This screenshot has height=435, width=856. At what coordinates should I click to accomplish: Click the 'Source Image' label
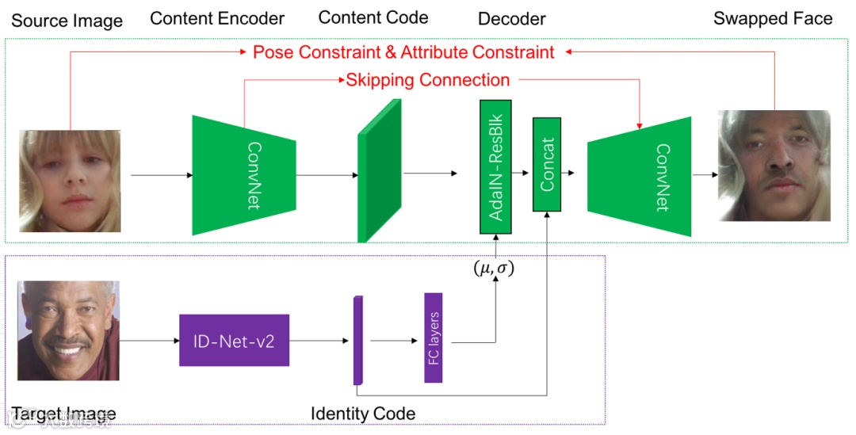[67, 20]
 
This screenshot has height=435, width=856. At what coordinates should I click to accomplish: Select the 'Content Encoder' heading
[217, 18]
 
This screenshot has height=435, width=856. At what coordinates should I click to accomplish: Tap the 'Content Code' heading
[373, 17]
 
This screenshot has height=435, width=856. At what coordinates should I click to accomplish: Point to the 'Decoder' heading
[512, 18]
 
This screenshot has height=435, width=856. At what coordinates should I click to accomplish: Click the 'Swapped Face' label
[773, 18]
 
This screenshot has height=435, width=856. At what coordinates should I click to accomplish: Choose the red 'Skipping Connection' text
[428, 80]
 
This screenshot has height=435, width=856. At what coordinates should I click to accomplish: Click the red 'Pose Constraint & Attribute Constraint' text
[403, 52]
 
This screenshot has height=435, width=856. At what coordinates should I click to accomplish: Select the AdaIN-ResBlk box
[496, 166]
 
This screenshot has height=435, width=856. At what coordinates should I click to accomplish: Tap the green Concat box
[547, 166]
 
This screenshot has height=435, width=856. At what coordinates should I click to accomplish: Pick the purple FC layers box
[433, 338]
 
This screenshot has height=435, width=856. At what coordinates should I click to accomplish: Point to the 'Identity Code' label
[363, 414]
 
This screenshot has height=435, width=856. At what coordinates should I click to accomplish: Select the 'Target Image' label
[63, 414]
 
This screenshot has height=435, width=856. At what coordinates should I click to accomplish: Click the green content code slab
[380, 170]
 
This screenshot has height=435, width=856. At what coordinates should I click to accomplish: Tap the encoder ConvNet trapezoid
[244, 174]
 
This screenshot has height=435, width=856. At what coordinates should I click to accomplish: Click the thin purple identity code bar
[357, 341]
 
